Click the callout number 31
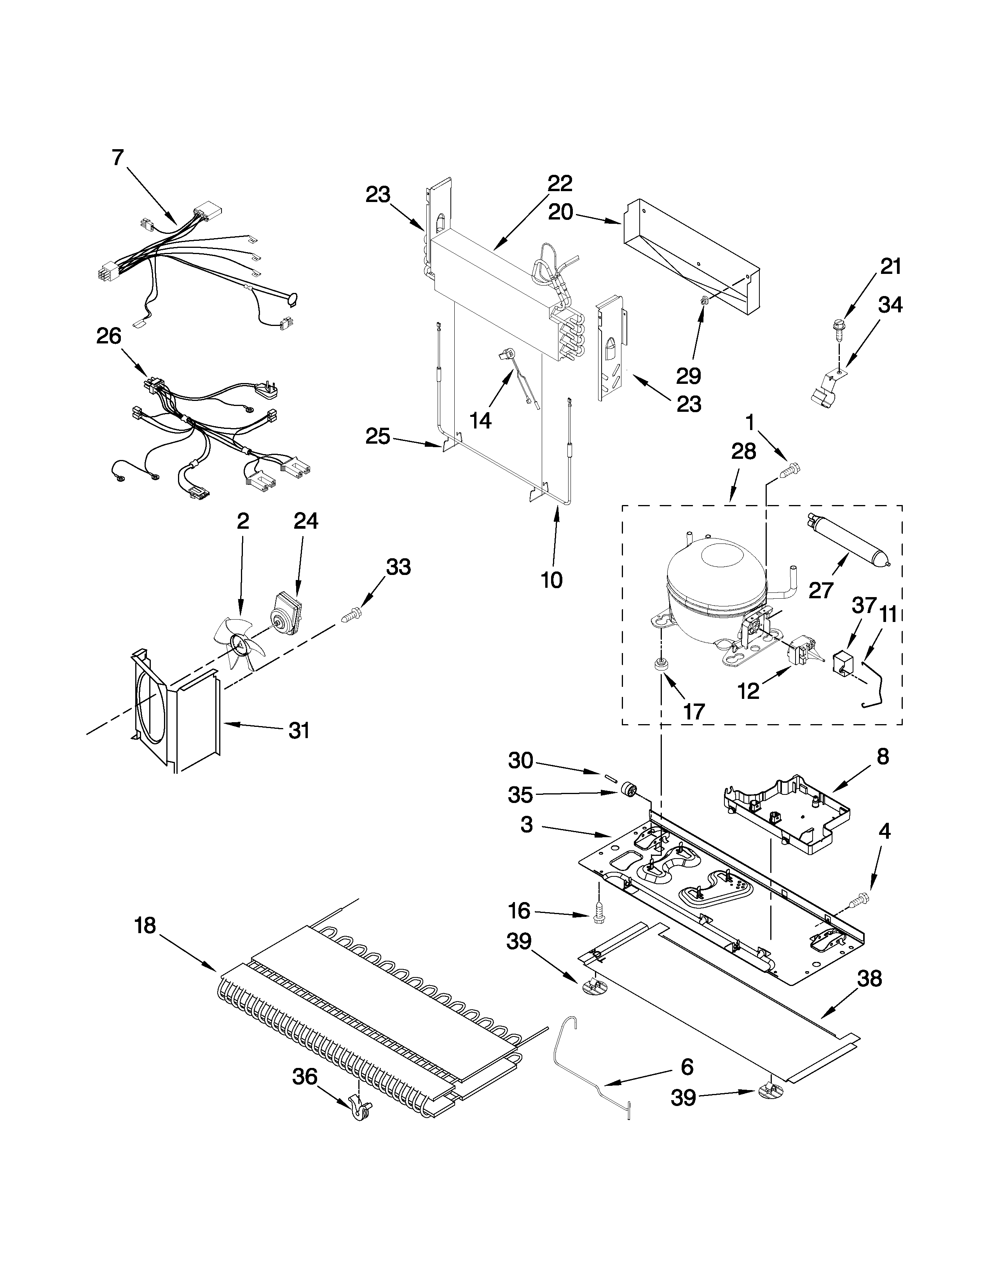point(299,731)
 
